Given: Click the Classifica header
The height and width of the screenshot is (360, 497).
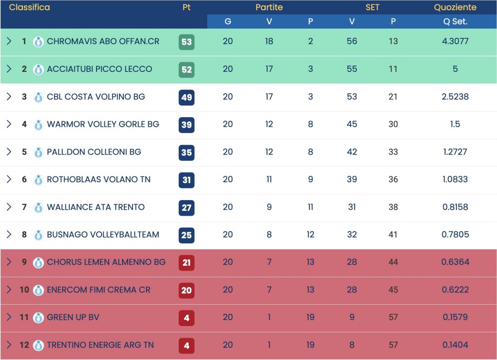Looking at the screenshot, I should point(30,8).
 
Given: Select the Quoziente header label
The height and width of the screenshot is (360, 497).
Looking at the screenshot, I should point(455,8).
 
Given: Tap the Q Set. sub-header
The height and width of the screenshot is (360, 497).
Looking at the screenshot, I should point(455,22).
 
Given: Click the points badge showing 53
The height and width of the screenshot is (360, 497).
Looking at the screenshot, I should point(186,42).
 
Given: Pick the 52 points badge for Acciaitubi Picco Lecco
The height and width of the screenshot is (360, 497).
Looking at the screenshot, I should point(186,69).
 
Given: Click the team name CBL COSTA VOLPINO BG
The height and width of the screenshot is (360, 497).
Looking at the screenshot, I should point(96,97).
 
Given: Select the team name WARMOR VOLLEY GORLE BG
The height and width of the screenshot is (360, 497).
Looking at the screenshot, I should point(103,124).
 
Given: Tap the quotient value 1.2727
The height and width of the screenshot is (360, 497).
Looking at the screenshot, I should point(455,152).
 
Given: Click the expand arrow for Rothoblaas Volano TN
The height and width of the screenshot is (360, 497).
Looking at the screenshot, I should point(9,179).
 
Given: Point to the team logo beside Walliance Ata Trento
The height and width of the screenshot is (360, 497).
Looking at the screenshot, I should point(38,207).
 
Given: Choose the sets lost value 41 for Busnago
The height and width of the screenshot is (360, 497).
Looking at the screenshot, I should point(393,235).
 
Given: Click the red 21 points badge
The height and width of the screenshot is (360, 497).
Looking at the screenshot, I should point(186,262).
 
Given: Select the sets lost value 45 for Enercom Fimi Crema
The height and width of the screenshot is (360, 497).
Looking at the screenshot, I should point(393,290).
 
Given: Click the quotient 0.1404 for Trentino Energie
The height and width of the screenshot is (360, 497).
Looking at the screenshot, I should point(455,345).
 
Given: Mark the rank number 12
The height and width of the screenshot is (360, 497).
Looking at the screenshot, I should point(24,345).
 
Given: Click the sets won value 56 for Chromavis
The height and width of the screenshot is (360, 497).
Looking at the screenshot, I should point(352,42).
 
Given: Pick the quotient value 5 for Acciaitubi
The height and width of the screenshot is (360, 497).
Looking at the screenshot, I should point(455,69).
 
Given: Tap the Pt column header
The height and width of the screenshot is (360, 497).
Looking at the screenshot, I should point(186,8).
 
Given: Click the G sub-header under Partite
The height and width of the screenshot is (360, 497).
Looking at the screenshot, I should point(228,22).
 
